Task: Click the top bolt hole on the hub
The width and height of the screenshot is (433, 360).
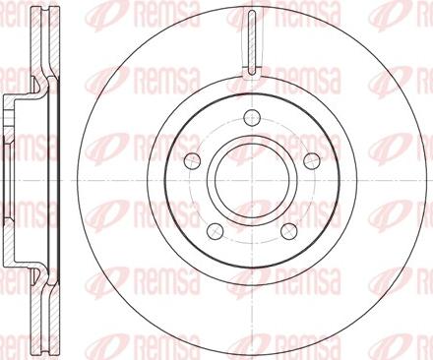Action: click(252, 117)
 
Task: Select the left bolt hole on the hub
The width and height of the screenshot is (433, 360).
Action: click(193, 160)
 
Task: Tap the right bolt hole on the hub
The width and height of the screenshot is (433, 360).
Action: click(312, 160)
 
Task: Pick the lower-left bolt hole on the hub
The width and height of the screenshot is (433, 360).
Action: click(216, 230)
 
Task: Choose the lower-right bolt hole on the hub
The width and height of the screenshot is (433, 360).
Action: click(289, 230)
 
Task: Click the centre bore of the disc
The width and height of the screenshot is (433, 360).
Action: click(252, 180)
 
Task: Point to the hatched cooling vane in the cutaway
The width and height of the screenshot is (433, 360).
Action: click(252, 42)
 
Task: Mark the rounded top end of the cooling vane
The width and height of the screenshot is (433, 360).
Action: click(252, 13)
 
